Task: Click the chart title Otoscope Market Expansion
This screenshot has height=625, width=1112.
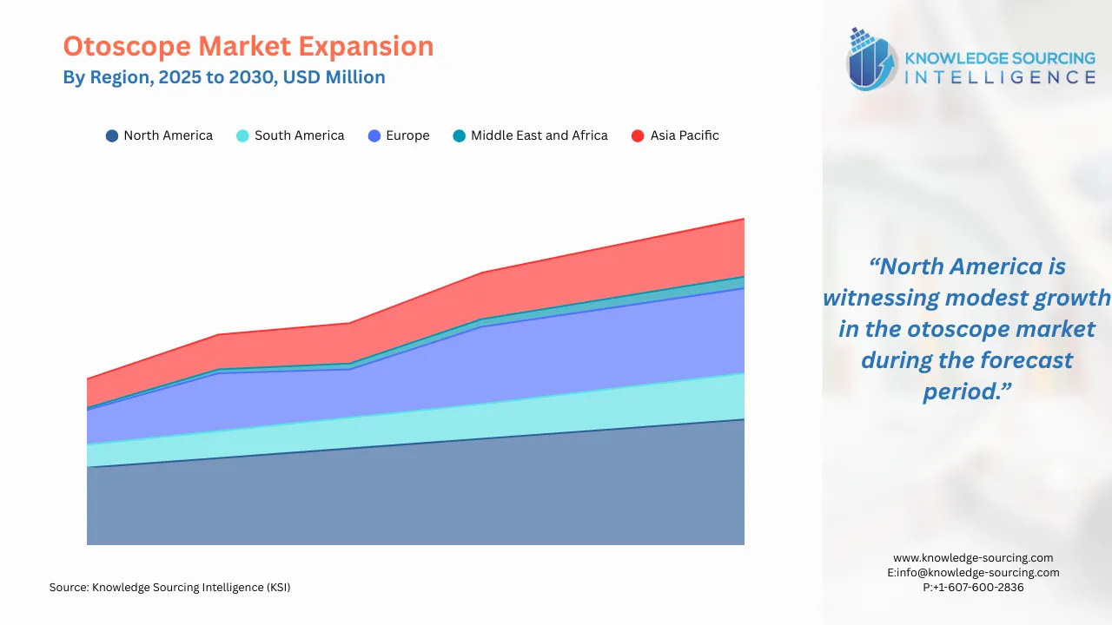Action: click(x=248, y=46)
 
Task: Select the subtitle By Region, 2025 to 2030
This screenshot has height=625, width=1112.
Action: click(x=223, y=77)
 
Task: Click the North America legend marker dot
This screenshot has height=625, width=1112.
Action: click(x=112, y=136)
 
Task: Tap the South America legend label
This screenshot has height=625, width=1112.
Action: click(x=299, y=135)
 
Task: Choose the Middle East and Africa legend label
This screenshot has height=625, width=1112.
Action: click(x=539, y=135)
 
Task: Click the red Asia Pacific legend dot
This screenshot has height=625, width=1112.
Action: click(x=638, y=136)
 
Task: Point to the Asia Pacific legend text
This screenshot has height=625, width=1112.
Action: click(x=685, y=135)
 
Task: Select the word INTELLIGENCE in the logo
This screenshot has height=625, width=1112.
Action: click(x=1000, y=77)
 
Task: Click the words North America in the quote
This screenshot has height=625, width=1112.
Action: click(x=966, y=266)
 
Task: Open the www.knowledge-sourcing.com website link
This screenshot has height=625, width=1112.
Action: click(x=973, y=558)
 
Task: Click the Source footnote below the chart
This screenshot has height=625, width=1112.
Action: click(x=169, y=588)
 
